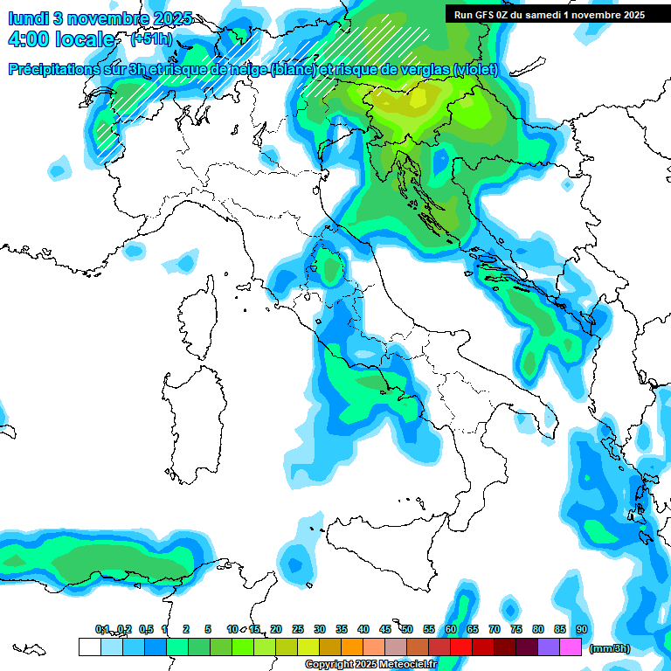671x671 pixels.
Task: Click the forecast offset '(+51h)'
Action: click(x=151, y=39)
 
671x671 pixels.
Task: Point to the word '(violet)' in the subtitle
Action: click(x=475, y=69)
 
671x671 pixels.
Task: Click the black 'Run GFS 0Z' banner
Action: click(x=549, y=14)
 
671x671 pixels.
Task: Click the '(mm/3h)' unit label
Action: click(x=610, y=648)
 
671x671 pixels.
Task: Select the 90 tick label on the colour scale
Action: click(x=581, y=629)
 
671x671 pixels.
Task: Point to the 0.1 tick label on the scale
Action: click(x=102, y=629)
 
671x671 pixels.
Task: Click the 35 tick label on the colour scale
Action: click(x=342, y=629)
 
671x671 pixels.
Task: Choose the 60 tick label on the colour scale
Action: click(x=451, y=629)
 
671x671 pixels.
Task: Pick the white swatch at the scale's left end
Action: click(x=89, y=647)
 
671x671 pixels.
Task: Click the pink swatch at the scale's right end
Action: click(x=571, y=647)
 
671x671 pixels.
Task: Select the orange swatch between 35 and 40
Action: click(x=352, y=647)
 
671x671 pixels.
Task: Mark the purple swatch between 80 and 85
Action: click(x=549, y=647)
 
